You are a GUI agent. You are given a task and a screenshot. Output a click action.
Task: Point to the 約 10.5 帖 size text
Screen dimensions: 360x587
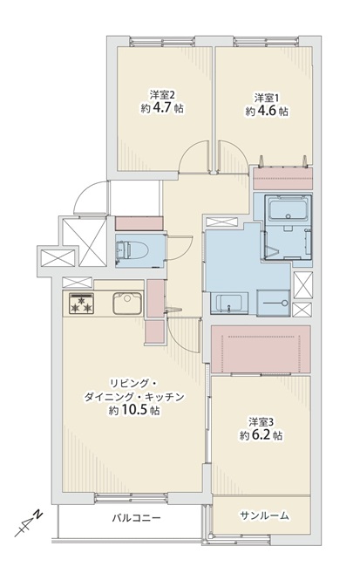[134, 411]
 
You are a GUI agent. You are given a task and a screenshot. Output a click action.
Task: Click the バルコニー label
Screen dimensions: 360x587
[137, 518]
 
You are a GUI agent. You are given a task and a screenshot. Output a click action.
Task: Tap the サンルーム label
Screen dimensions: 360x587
[264, 515]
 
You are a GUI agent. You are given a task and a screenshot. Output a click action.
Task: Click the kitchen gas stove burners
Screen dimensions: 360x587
[81, 304]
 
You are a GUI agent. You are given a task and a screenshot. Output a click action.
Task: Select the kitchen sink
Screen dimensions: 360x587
[127, 304]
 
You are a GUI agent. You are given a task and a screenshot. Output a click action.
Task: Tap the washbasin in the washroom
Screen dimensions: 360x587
[228, 304]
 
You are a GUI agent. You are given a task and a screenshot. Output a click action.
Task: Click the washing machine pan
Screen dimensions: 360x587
[274, 303]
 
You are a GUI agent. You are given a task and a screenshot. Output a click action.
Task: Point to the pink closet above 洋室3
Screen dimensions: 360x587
[261, 349]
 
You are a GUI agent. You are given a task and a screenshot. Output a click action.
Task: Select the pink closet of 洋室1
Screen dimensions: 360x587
[283, 179]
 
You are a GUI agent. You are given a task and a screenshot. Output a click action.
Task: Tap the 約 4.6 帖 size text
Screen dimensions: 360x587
[267, 112]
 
